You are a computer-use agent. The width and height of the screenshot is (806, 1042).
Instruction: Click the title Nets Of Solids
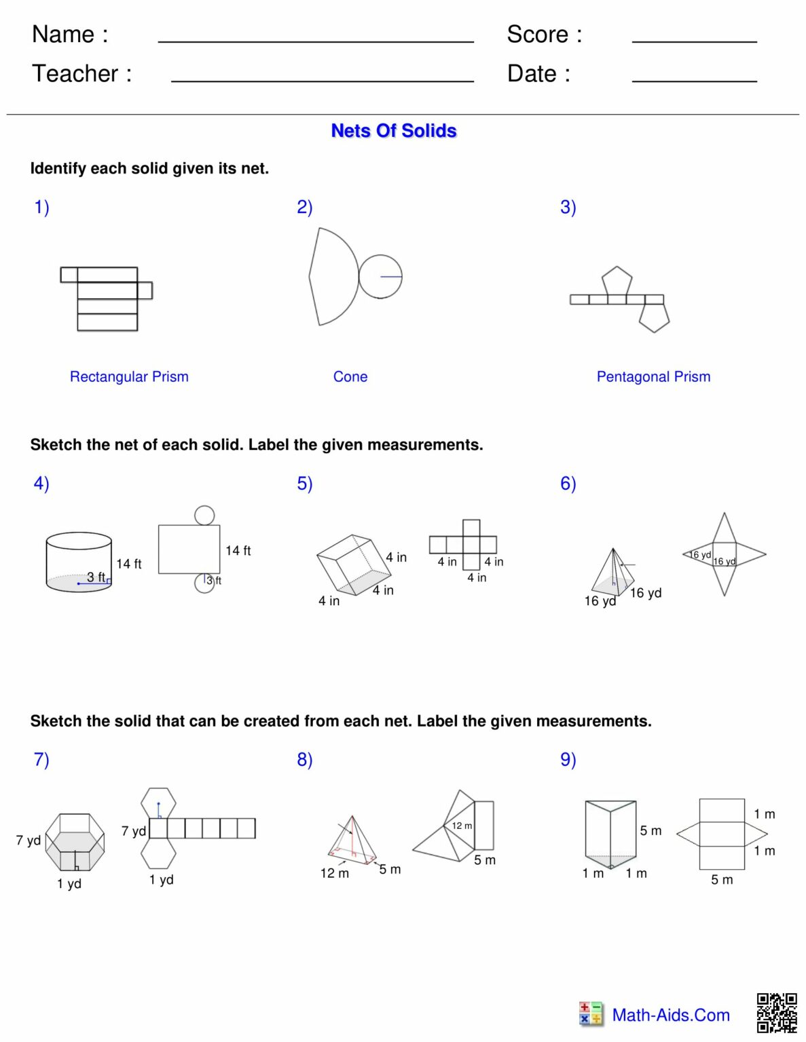(393, 130)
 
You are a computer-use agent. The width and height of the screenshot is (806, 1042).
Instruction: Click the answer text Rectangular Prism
(129, 377)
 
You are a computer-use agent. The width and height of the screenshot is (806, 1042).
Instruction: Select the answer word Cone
(350, 377)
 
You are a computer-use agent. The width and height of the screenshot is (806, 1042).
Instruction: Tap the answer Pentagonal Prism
(653, 377)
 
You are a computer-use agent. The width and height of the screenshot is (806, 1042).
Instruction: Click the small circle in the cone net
(380, 277)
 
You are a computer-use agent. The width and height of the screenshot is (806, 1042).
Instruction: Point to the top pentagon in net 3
(617, 282)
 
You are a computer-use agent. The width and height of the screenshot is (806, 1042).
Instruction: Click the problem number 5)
(304, 483)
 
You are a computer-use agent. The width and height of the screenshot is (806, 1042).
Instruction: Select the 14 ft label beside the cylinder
(128, 564)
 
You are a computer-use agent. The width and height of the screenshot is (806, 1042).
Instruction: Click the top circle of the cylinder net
(204, 515)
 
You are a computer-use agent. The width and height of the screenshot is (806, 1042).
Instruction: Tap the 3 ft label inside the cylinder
(96, 577)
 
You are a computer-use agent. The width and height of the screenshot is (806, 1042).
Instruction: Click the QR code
(777, 1012)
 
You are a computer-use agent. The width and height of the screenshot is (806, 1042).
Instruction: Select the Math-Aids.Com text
(671, 1015)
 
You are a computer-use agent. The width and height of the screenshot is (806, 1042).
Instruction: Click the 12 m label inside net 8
(462, 826)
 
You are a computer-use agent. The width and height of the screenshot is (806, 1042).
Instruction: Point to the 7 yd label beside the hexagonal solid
(29, 840)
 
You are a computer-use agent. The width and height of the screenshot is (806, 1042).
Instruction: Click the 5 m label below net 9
(722, 879)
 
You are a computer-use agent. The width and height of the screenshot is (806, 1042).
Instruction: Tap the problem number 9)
(568, 759)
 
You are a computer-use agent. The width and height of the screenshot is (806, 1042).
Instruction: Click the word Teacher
(75, 73)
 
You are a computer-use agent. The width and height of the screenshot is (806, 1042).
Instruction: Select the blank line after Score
(694, 41)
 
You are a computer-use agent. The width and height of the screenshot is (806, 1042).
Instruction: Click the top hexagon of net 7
(159, 803)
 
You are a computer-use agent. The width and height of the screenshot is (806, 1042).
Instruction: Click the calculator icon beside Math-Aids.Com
(591, 1014)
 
